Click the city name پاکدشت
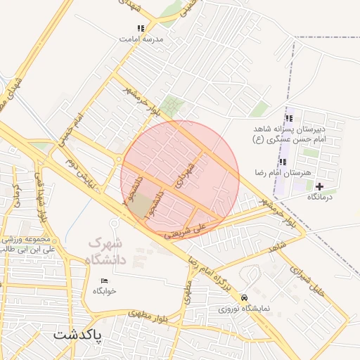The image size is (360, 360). coord(78,334)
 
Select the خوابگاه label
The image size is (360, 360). coord(104,290)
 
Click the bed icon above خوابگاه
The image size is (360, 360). coord(104,281)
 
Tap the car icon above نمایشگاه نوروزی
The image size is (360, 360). coord(243,297)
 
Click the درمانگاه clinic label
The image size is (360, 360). coord(323,197)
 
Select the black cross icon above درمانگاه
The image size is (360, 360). coord(320,186)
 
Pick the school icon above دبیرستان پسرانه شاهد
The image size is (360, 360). coord(288,118)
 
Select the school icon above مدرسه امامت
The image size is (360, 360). coord(141,29)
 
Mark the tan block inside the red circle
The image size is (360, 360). coord(141,206)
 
